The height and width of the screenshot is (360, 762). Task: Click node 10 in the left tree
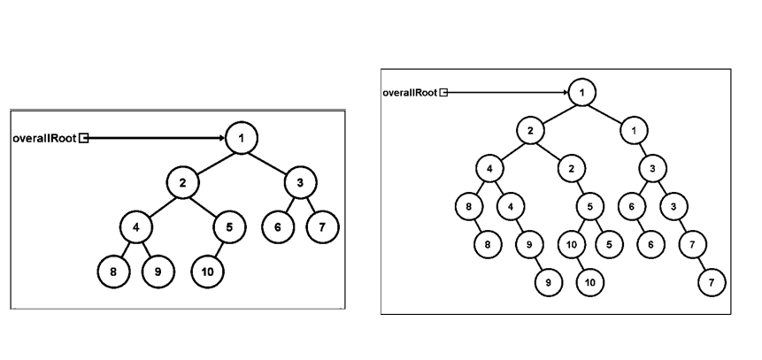pyautogui.click(x=207, y=272)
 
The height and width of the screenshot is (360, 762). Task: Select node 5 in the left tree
pyautogui.click(x=229, y=227)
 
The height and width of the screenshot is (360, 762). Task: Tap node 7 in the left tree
pyautogui.click(x=322, y=227)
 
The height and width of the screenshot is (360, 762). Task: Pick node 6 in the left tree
pyautogui.click(x=278, y=227)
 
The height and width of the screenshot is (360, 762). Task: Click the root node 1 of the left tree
pyautogui.click(x=241, y=138)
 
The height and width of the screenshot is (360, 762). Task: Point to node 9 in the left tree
pyautogui.click(x=158, y=272)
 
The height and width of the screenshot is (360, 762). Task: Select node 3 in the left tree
pyautogui.click(x=300, y=183)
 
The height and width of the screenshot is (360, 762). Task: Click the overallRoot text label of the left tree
pyautogui.click(x=44, y=138)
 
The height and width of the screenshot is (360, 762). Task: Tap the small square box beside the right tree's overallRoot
pyautogui.click(x=444, y=92)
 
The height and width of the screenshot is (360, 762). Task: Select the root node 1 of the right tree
pyautogui.click(x=581, y=92)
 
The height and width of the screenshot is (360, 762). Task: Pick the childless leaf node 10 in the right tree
pyautogui.click(x=590, y=282)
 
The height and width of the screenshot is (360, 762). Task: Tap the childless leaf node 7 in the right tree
pyautogui.click(x=711, y=282)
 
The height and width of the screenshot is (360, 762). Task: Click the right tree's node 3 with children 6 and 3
pyautogui.click(x=653, y=168)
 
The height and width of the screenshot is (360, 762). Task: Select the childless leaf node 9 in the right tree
pyautogui.click(x=549, y=282)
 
